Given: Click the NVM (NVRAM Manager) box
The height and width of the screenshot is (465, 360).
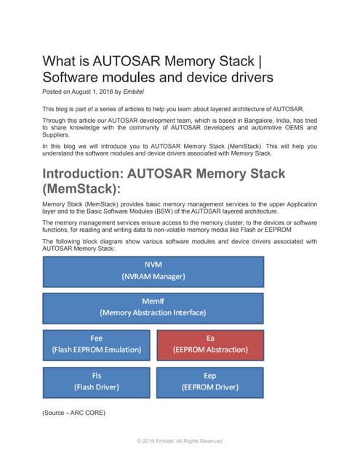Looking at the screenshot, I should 153,271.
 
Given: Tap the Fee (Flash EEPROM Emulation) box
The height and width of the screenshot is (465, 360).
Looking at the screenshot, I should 96,344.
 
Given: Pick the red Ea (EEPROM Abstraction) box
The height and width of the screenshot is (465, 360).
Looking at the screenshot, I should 210,344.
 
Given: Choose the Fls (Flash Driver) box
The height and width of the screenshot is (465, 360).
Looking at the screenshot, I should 96,381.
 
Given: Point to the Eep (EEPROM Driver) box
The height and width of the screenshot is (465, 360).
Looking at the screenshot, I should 210,381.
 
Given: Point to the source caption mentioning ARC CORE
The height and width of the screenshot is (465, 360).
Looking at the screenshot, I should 73,413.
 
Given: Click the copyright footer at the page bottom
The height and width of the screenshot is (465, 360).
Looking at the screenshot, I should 180,441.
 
